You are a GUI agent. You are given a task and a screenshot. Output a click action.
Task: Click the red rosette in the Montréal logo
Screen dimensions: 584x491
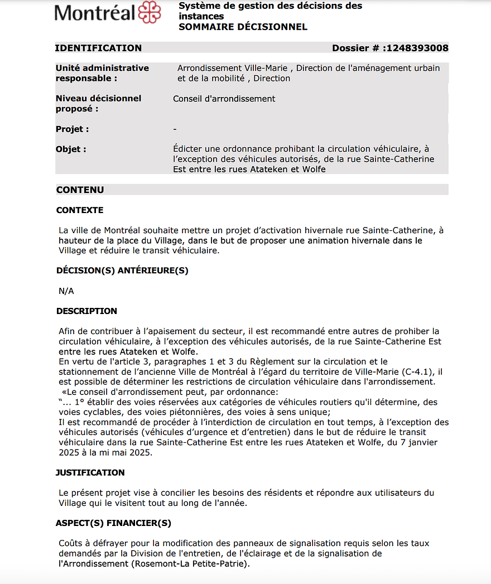(149, 12)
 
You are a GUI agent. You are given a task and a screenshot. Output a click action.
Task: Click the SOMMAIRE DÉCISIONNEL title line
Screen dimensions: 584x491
(243, 27)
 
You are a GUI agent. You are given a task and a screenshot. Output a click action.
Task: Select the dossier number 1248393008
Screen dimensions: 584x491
(416, 48)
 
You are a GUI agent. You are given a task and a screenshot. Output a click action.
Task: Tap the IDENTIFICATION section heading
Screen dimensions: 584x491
(98, 48)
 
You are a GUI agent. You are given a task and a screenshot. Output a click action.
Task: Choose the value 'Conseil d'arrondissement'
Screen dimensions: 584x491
(224, 99)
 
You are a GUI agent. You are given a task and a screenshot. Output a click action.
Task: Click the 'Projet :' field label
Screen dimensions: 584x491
(73, 129)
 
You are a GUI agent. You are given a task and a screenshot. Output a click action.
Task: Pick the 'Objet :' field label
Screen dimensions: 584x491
(71, 149)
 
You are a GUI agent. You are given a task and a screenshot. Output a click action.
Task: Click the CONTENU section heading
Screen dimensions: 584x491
(80, 190)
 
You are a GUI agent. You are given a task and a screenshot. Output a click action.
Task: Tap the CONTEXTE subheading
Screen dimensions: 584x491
(80, 210)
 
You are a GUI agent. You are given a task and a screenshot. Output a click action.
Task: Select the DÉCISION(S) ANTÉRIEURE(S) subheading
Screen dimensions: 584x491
(122, 271)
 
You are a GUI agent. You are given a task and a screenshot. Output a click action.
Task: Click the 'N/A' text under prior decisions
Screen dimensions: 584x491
(66, 291)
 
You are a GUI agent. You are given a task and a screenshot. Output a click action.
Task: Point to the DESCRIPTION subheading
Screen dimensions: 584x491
(86, 311)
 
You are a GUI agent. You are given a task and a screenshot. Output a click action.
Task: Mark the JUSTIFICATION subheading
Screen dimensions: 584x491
(90, 472)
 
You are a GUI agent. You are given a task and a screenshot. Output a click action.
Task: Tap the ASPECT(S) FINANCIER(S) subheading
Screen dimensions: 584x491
(113, 523)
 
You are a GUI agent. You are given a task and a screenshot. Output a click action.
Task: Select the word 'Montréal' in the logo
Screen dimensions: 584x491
(95, 13)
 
